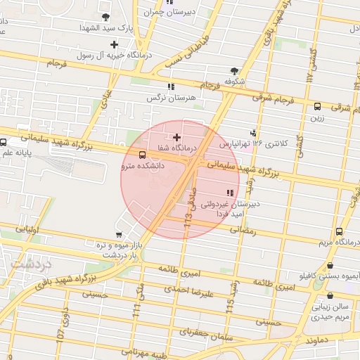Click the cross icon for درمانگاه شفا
(x=176, y=137)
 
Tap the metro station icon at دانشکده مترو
(x=143, y=155)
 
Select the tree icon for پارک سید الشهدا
(x=105, y=16)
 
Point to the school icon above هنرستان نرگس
(x=170, y=86)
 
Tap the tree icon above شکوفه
(x=234, y=70)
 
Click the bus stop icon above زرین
(x=317, y=107)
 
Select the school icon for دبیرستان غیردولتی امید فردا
(x=229, y=193)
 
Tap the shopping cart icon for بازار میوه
(x=117, y=237)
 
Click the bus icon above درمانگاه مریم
(x=340, y=231)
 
